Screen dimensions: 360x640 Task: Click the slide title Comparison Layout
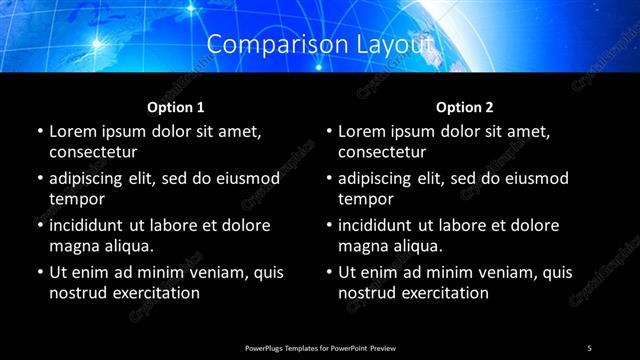pos(320,45)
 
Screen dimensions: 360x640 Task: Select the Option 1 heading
pos(176,106)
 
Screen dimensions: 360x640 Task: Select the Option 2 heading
pos(465,106)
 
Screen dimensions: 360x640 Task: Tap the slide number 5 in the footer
pos(589,347)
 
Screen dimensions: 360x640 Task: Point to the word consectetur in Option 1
pos(93,152)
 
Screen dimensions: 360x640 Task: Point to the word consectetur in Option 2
pos(383,152)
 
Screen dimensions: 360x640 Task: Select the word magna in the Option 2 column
pos(362,246)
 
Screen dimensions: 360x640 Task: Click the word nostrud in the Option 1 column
pos(76,293)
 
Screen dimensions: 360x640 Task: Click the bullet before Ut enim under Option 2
pos(330,272)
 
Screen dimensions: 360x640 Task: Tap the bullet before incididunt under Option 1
pos(40,225)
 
